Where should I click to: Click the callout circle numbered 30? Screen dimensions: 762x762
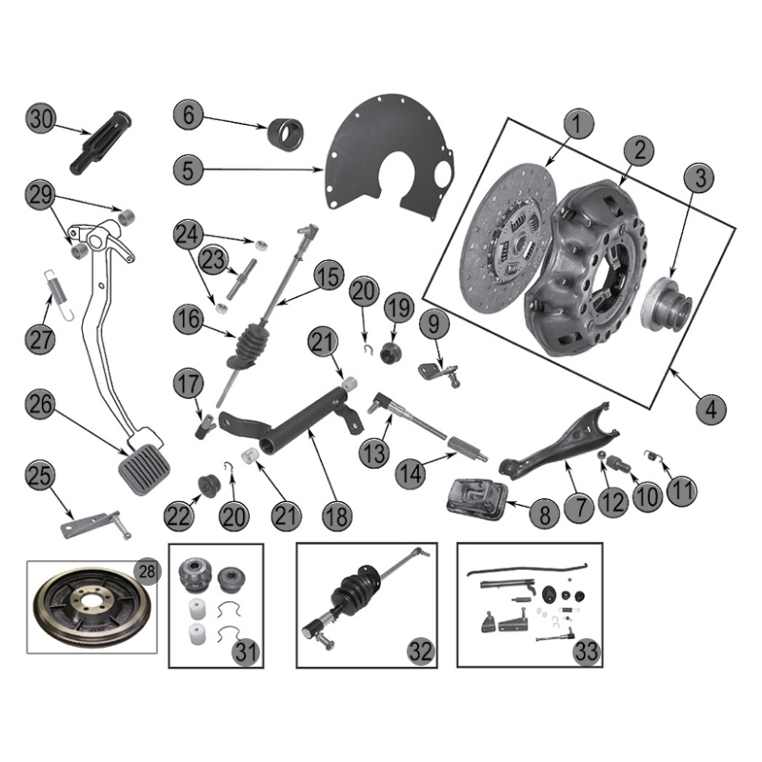coord(40,119)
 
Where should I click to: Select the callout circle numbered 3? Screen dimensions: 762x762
coord(700,178)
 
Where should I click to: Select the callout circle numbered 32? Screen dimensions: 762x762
coord(420,652)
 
